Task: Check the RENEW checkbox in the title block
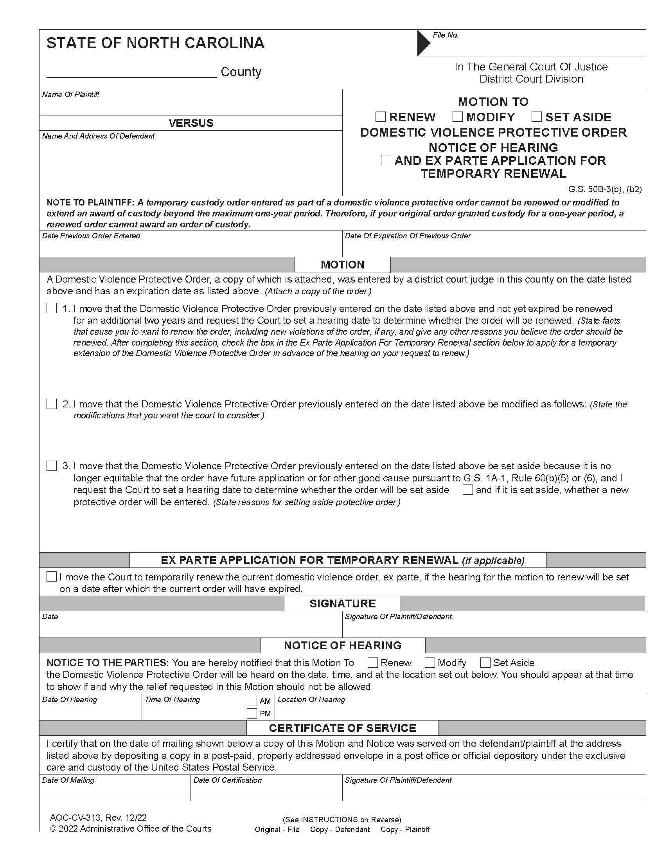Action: pos(380,117)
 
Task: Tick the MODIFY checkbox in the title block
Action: pos(457,117)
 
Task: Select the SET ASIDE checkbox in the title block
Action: pos(536,117)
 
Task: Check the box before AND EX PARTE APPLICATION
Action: pos(386,160)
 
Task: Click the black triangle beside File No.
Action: pos(424,43)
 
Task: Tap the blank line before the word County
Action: pos(131,73)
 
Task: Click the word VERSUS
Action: pos(191,123)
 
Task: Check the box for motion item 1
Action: pos(52,308)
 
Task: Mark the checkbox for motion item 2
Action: pos(52,404)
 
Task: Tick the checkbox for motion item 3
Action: pos(52,466)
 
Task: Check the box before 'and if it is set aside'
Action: pos(467,490)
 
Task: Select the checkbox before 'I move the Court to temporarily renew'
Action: pos(52,577)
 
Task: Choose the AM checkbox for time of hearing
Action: pos(252,701)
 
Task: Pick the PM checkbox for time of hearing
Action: pos(252,713)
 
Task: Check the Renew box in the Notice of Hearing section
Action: pos(372,662)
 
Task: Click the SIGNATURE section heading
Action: pos(342,603)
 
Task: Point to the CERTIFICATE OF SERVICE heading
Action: pos(342,728)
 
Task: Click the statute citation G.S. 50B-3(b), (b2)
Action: pos(604,189)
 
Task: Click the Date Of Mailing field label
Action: pos(68,780)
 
